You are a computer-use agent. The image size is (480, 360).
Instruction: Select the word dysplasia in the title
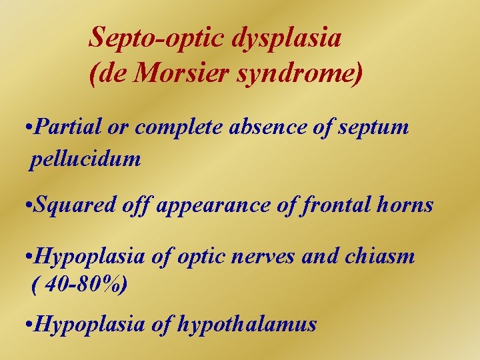tap(287, 39)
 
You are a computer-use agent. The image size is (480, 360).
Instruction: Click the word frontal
tap(333, 204)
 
